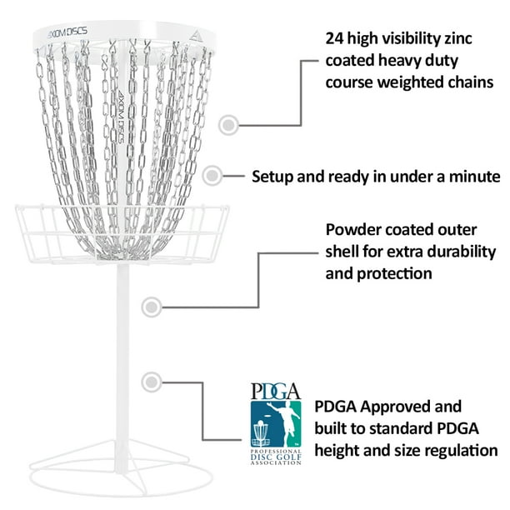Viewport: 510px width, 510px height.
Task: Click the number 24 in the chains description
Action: tap(334, 38)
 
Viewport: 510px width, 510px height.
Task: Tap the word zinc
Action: tap(458, 38)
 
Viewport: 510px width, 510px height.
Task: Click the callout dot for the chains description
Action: tap(228, 124)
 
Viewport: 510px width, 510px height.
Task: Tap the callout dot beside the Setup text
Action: tap(212, 176)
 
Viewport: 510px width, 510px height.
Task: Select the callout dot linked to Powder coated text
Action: tap(152, 307)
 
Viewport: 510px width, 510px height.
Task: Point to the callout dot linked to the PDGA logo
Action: tap(152, 382)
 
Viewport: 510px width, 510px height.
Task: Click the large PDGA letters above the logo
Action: tap(276, 391)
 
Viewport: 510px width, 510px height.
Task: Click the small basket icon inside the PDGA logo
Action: tap(260, 433)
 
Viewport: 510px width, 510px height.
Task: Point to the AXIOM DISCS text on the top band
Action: tap(67, 32)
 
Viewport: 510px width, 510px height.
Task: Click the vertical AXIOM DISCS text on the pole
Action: tap(121, 116)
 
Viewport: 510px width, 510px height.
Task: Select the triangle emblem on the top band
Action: tap(195, 37)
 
